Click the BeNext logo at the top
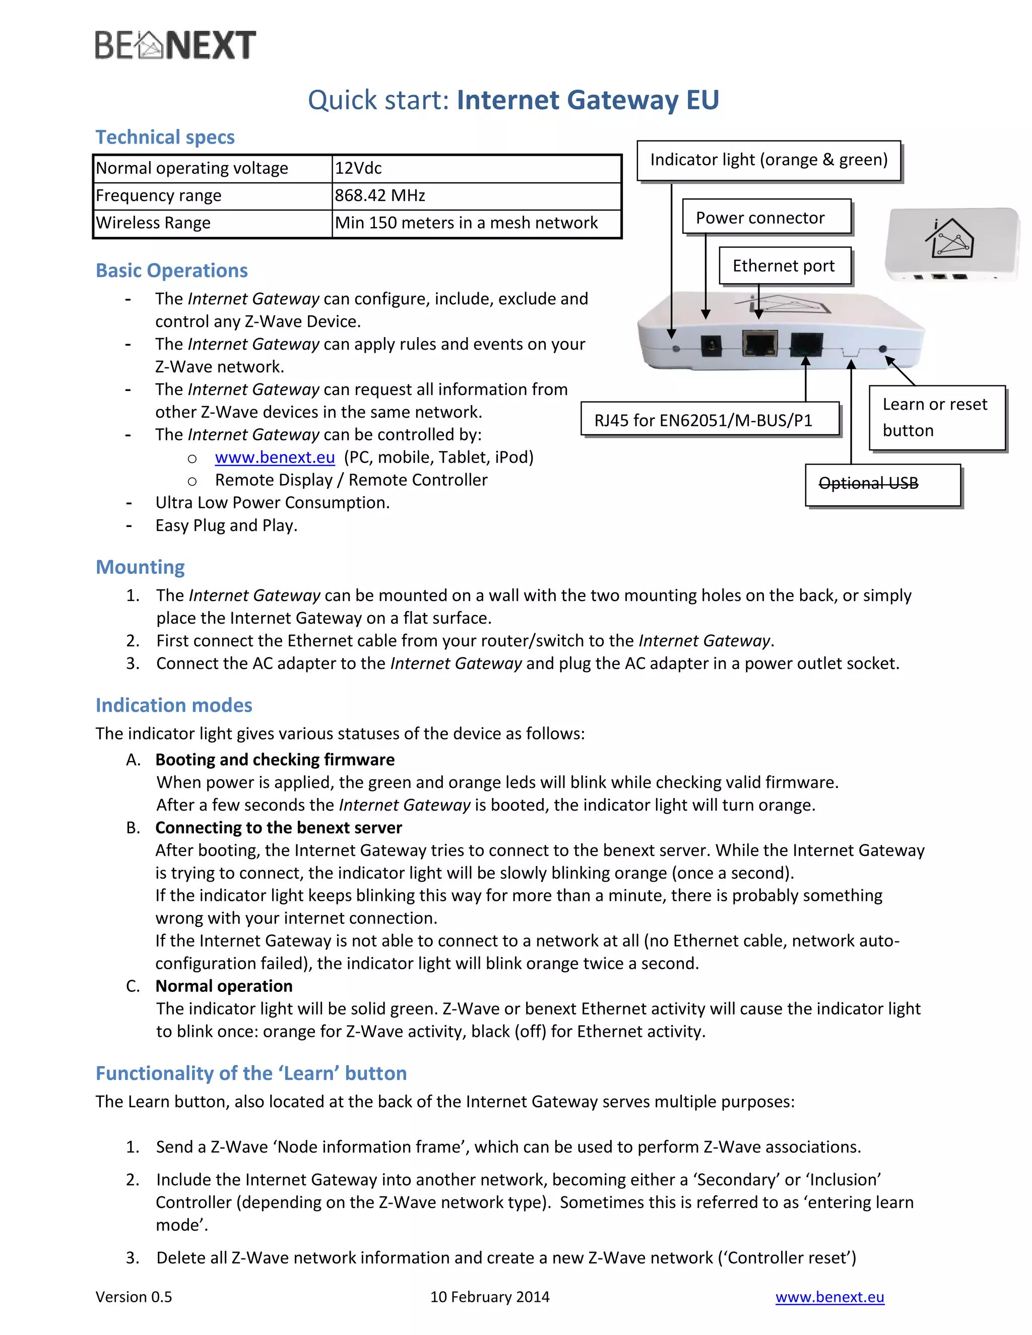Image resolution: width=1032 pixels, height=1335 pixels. (x=175, y=45)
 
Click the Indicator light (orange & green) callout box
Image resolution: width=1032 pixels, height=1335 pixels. (x=768, y=160)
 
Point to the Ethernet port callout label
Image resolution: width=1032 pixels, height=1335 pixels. (x=785, y=266)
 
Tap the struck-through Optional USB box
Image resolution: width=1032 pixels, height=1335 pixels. (x=882, y=484)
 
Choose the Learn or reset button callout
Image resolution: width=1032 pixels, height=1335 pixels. (x=936, y=418)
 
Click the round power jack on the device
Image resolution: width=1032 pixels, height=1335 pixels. (x=711, y=347)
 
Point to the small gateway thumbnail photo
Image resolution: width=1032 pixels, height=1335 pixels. (x=952, y=244)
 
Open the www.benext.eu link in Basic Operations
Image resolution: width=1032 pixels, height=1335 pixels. (x=275, y=457)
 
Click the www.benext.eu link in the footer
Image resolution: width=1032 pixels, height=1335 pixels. (x=829, y=1297)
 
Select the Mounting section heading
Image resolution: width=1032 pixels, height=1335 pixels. (x=140, y=567)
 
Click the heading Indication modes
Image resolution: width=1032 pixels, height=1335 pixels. (x=174, y=705)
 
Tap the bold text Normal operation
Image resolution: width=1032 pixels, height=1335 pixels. (x=224, y=986)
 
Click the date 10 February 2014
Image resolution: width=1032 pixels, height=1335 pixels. (x=490, y=1297)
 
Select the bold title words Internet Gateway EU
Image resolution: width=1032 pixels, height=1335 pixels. (x=588, y=100)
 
